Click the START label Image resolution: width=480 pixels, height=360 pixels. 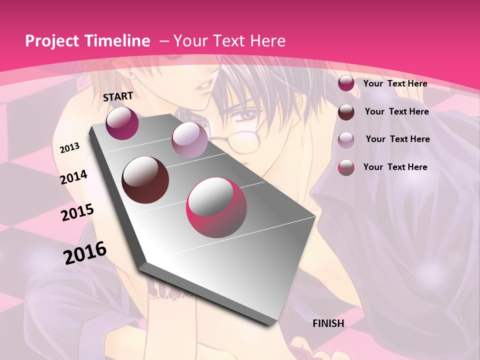coord(118,96)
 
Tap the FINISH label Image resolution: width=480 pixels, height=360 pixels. coord(328,323)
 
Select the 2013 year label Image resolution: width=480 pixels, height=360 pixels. coord(69,148)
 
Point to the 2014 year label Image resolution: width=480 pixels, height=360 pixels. coord(73,177)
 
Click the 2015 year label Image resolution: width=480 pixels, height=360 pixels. coord(77,212)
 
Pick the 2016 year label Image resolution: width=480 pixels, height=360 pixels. coord(85,252)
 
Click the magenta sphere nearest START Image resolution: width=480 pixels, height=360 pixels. coord(122,123)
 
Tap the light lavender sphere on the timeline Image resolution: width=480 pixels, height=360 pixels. coord(189,140)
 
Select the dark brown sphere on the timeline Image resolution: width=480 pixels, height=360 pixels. coord(145,180)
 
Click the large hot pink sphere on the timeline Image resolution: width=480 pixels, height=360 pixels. coord(216,208)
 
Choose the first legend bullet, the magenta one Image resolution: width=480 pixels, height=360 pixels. coord(346,83)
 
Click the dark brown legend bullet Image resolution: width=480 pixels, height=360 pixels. coord(346,112)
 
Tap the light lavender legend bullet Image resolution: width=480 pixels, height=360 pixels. coord(346,139)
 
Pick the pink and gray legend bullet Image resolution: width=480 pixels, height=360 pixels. coord(346,167)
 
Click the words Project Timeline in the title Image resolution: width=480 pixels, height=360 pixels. coord(87,41)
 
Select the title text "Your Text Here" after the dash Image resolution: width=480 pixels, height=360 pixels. coord(229,41)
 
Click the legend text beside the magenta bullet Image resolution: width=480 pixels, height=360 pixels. coord(395,83)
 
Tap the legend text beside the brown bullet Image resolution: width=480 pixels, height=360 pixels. coord(396,111)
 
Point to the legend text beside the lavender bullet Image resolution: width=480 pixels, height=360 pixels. coord(397,139)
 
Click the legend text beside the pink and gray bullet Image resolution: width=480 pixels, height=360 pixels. coord(395,167)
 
